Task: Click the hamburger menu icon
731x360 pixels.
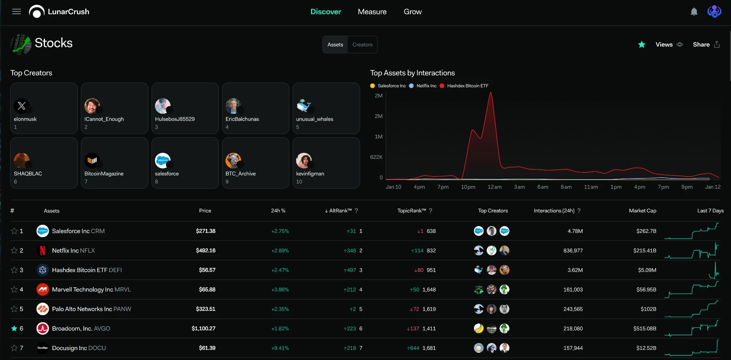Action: tap(16, 12)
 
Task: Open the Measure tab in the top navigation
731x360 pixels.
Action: tap(372, 12)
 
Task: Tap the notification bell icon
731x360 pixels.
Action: tap(694, 12)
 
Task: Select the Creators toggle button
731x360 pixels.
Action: tap(362, 45)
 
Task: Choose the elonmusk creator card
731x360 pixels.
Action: tap(44, 108)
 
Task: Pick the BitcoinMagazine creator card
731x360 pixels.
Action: tap(115, 163)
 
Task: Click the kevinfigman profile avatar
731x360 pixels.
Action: tap(304, 161)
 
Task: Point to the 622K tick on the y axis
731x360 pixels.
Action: tap(376, 157)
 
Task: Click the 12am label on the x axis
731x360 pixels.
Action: tap(495, 187)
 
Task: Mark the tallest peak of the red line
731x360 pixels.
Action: tap(491, 92)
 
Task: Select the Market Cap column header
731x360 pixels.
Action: tap(643, 211)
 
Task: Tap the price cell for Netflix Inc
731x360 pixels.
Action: tap(206, 250)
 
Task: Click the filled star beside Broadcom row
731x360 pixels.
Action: tap(14, 328)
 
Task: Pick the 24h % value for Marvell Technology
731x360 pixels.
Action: tap(280, 290)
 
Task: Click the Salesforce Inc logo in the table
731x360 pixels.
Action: tap(43, 231)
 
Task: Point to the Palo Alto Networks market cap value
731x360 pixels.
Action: tap(648, 309)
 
